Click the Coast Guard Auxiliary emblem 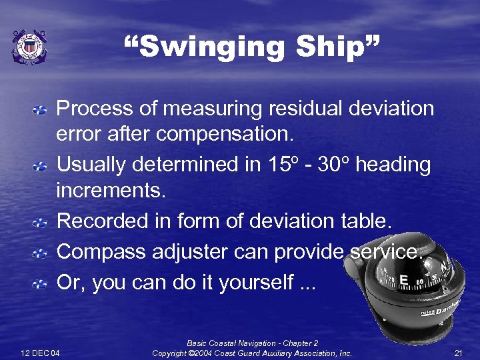(x=30, y=47)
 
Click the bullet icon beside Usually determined (x=41, y=164)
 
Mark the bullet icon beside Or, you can (x=41, y=283)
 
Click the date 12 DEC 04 (x=40, y=352)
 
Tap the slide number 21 (x=457, y=352)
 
